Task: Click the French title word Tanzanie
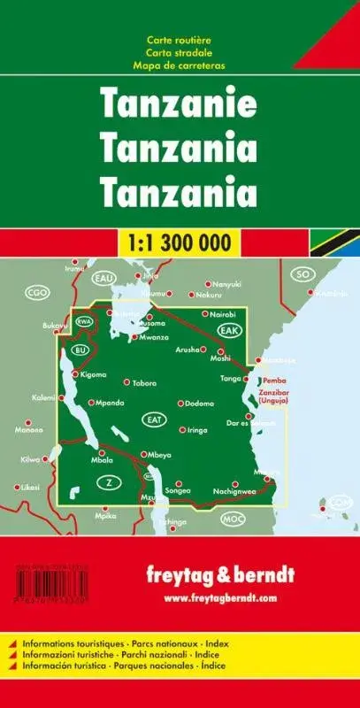180,104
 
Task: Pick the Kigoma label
92,375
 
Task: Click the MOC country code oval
232,518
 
